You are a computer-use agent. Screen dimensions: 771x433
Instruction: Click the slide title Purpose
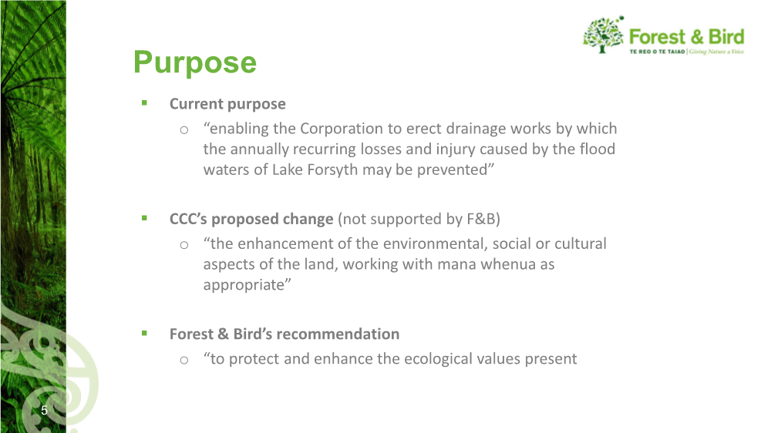(x=195, y=63)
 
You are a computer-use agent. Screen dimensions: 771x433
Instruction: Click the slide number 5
(x=44, y=411)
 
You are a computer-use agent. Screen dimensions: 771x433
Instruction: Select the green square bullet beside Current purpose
(x=144, y=102)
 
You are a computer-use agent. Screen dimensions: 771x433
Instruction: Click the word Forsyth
(x=332, y=170)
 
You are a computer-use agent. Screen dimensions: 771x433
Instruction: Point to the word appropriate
(x=244, y=286)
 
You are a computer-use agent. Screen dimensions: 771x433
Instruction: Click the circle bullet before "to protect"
(x=184, y=361)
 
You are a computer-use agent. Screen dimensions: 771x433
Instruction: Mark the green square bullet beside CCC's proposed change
(x=144, y=218)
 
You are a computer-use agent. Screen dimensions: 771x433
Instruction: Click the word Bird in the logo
(x=726, y=37)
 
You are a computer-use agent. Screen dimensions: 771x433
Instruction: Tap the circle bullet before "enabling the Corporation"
(x=184, y=130)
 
